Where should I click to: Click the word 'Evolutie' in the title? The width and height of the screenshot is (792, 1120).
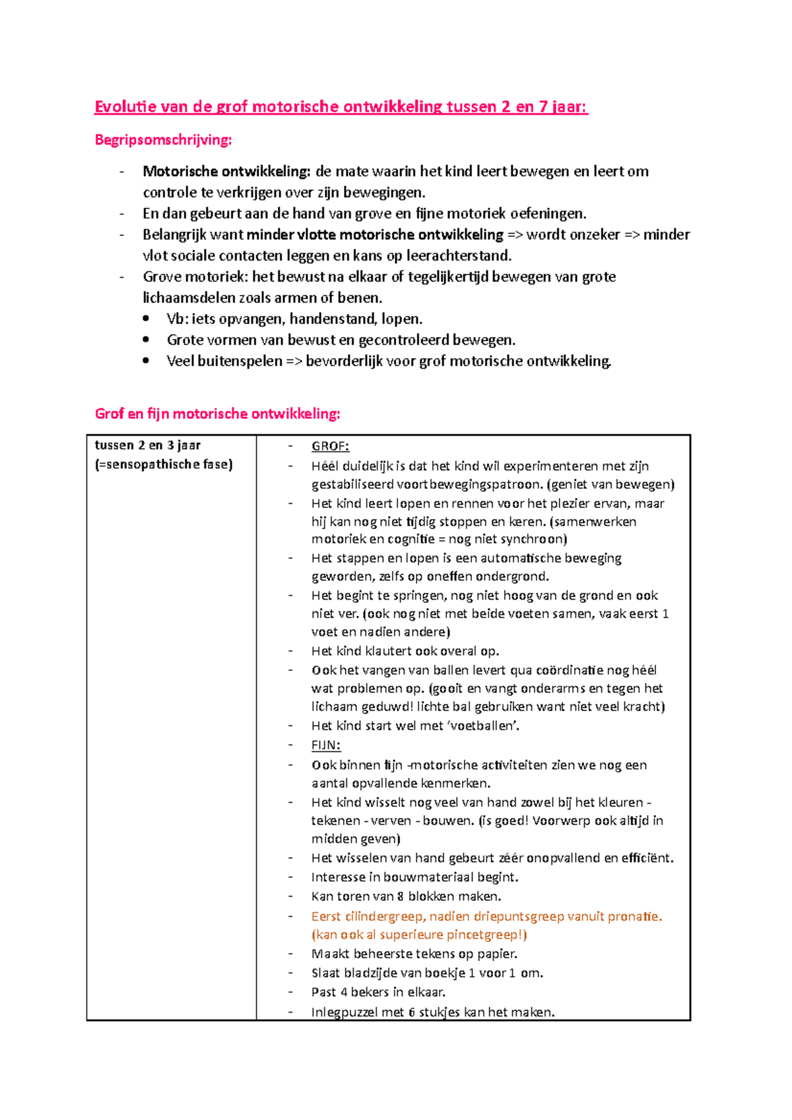[125, 107]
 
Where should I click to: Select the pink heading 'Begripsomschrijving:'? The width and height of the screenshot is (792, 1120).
[163, 140]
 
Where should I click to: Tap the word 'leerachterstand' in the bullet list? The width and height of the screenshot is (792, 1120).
[457, 256]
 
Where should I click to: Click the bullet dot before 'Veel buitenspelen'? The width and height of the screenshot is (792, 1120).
[146, 361]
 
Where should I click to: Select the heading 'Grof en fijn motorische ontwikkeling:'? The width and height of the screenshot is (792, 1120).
[217, 414]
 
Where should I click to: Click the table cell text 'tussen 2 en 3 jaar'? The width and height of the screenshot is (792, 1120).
[148, 445]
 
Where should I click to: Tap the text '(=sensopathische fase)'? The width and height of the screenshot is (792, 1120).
[164, 464]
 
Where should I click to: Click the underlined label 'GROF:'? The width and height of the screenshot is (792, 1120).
[330, 447]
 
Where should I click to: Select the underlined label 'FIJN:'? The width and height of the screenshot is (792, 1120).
[326, 745]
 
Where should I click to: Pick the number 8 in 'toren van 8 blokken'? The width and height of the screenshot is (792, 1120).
[401, 896]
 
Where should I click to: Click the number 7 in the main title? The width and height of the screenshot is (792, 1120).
[543, 107]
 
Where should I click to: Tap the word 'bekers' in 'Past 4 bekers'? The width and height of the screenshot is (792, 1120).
[370, 992]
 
